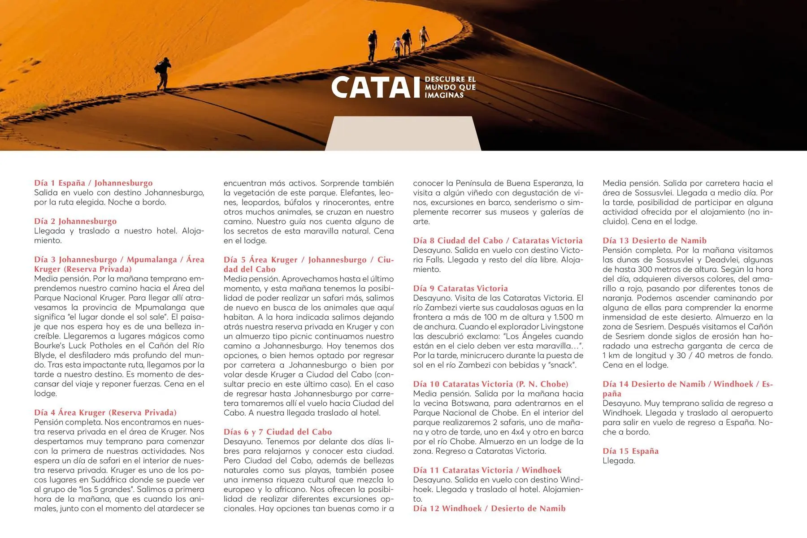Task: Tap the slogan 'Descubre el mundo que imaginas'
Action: (x=450, y=87)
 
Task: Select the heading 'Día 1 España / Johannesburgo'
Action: (x=93, y=183)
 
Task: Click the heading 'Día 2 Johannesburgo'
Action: (x=75, y=221)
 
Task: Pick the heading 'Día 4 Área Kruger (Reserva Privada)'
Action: (x=105, y=412)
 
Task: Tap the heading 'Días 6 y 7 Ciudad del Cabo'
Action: (x=278, y=432)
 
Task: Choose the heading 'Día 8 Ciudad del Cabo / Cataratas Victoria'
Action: (x=498, y=240)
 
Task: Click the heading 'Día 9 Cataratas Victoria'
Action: (x=460, y=288)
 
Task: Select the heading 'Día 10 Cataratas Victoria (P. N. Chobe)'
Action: (x=490, y=384)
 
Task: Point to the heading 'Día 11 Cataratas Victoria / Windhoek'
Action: (x=487, y=470)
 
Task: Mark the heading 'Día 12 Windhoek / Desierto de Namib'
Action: (x=489, y=508)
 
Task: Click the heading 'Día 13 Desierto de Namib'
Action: (x=654, y=240)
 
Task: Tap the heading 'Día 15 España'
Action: (x=630, y=451)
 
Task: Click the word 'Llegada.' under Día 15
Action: (x=619, y=461)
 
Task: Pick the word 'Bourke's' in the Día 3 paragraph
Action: (x=49, y=346)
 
